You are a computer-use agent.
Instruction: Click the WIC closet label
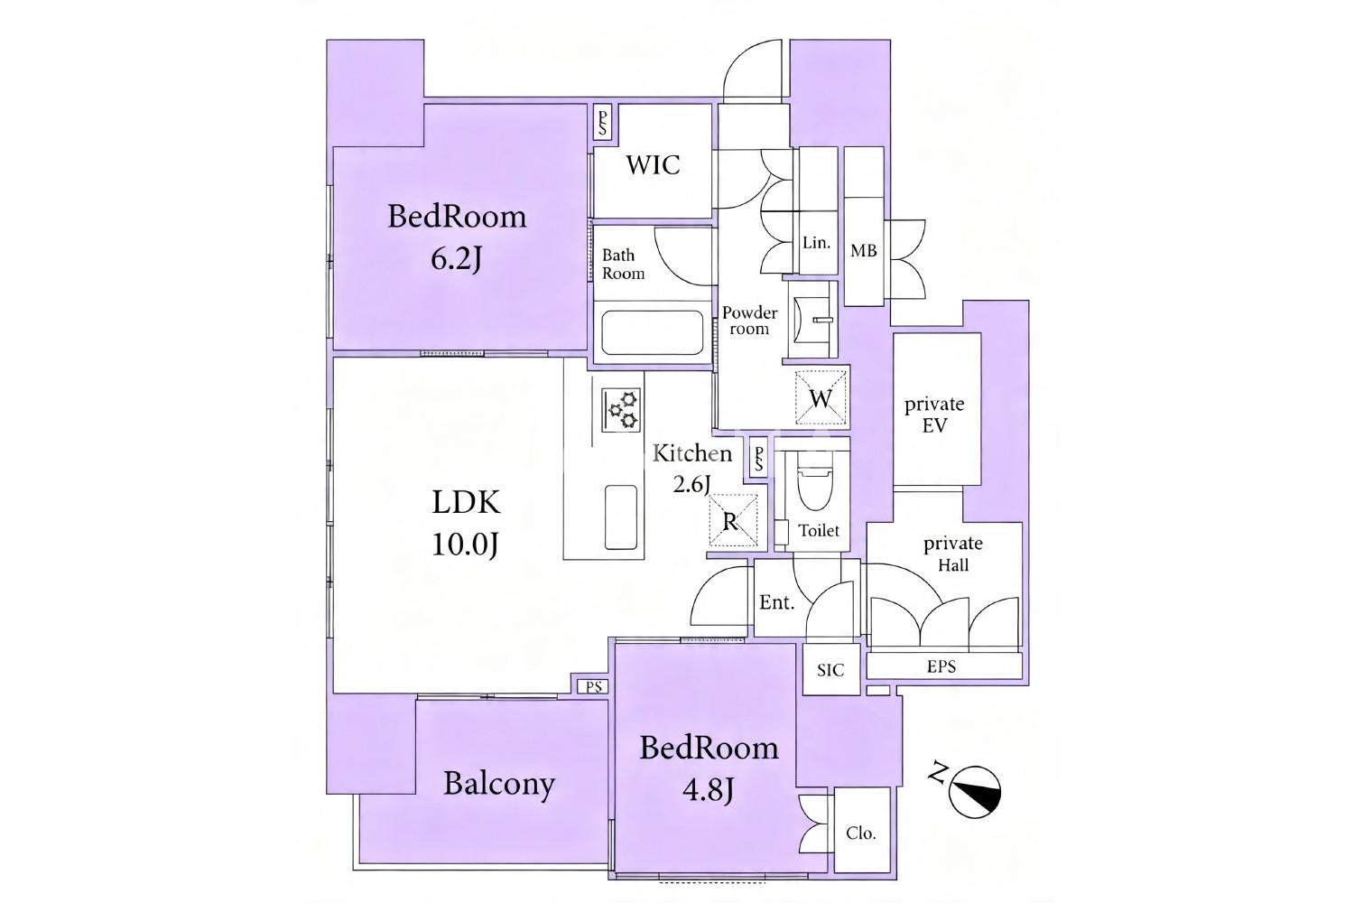click(653, 165)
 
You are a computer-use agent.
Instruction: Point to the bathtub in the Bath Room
click(653, 332)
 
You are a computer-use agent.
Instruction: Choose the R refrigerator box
click(732, 520)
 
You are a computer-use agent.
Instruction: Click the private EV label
click(934, 414)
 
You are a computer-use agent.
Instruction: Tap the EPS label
click(941, 666)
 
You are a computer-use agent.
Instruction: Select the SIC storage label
click(830, 670)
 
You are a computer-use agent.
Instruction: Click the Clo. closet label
click(861, 833)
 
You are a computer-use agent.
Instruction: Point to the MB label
click(863, 250)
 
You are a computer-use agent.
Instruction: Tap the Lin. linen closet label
click(816, 243)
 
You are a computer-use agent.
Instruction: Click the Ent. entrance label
click(776, 602)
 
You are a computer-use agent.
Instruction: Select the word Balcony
click(499, 785)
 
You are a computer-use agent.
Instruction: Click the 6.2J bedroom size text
click(456, 259)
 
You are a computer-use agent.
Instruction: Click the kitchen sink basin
click(620, 517)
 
